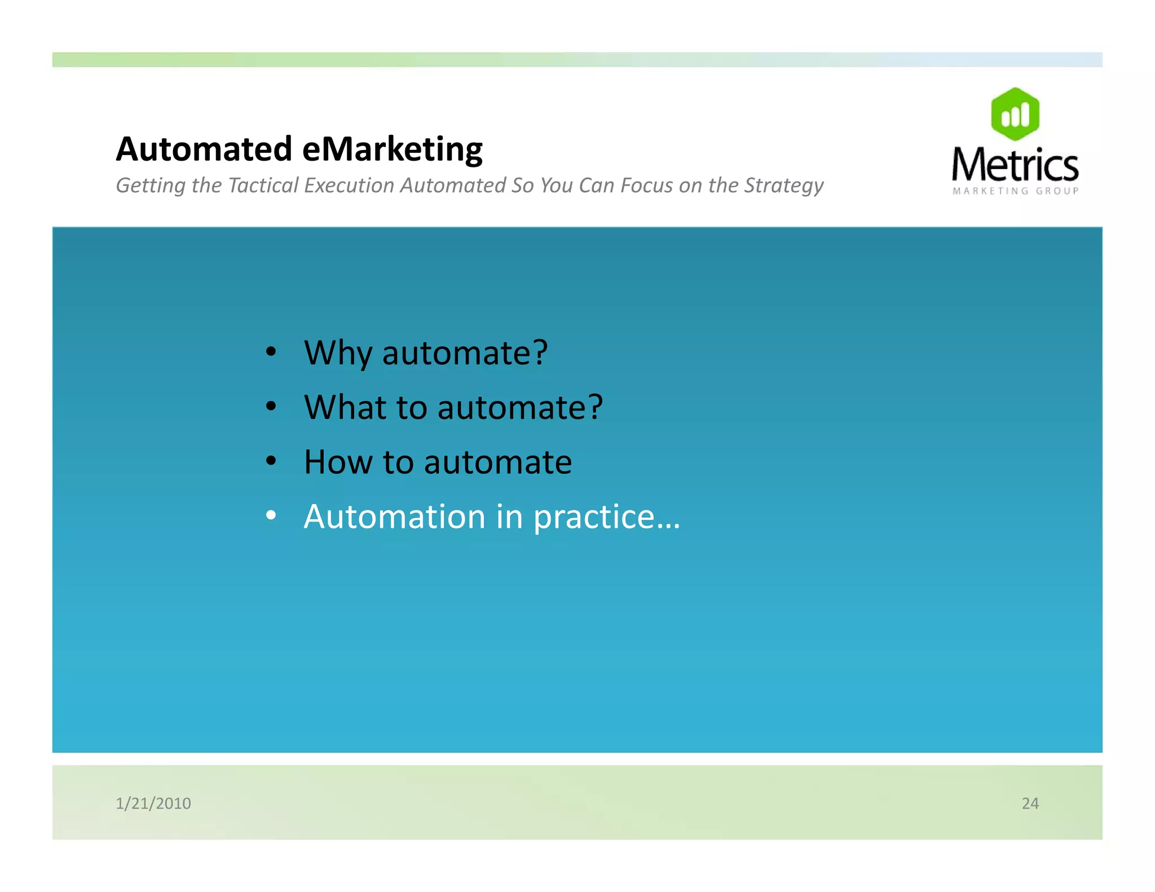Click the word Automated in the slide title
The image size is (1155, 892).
coord(204,149)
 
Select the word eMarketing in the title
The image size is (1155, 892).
coord(393,150)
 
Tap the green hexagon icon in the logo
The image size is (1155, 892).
coord(1015,114)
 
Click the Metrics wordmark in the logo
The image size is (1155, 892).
coord(1015,165)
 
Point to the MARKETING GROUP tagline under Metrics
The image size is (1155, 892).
coord(1015,191)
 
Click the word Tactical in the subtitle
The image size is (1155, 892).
coord(263,186)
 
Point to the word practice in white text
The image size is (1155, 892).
coord(594,518)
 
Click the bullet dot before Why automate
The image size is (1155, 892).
coord(271,352)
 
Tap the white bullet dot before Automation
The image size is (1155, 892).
coord(271,515)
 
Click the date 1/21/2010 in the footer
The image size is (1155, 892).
coord(153,803)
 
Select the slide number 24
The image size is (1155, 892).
coord(1030,803)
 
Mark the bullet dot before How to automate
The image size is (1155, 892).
coord(271,461)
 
